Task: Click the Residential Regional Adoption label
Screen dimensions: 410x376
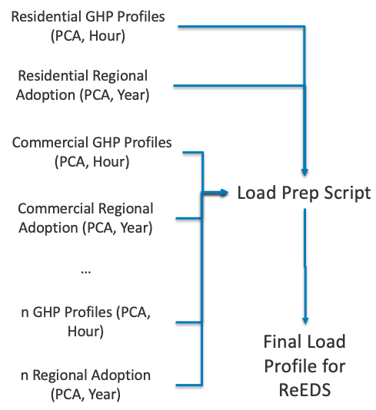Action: [82, 84]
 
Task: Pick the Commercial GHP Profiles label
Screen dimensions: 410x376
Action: [92, 151]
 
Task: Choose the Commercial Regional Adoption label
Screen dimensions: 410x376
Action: [85, 217]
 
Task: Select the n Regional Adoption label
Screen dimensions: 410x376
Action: [85, 385]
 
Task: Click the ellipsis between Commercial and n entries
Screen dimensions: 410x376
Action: [85, 271]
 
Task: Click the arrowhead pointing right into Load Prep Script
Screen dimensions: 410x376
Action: [225, 193]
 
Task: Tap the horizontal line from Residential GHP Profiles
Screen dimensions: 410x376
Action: [242, 28]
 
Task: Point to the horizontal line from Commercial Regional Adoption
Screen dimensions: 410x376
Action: [189, 218]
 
